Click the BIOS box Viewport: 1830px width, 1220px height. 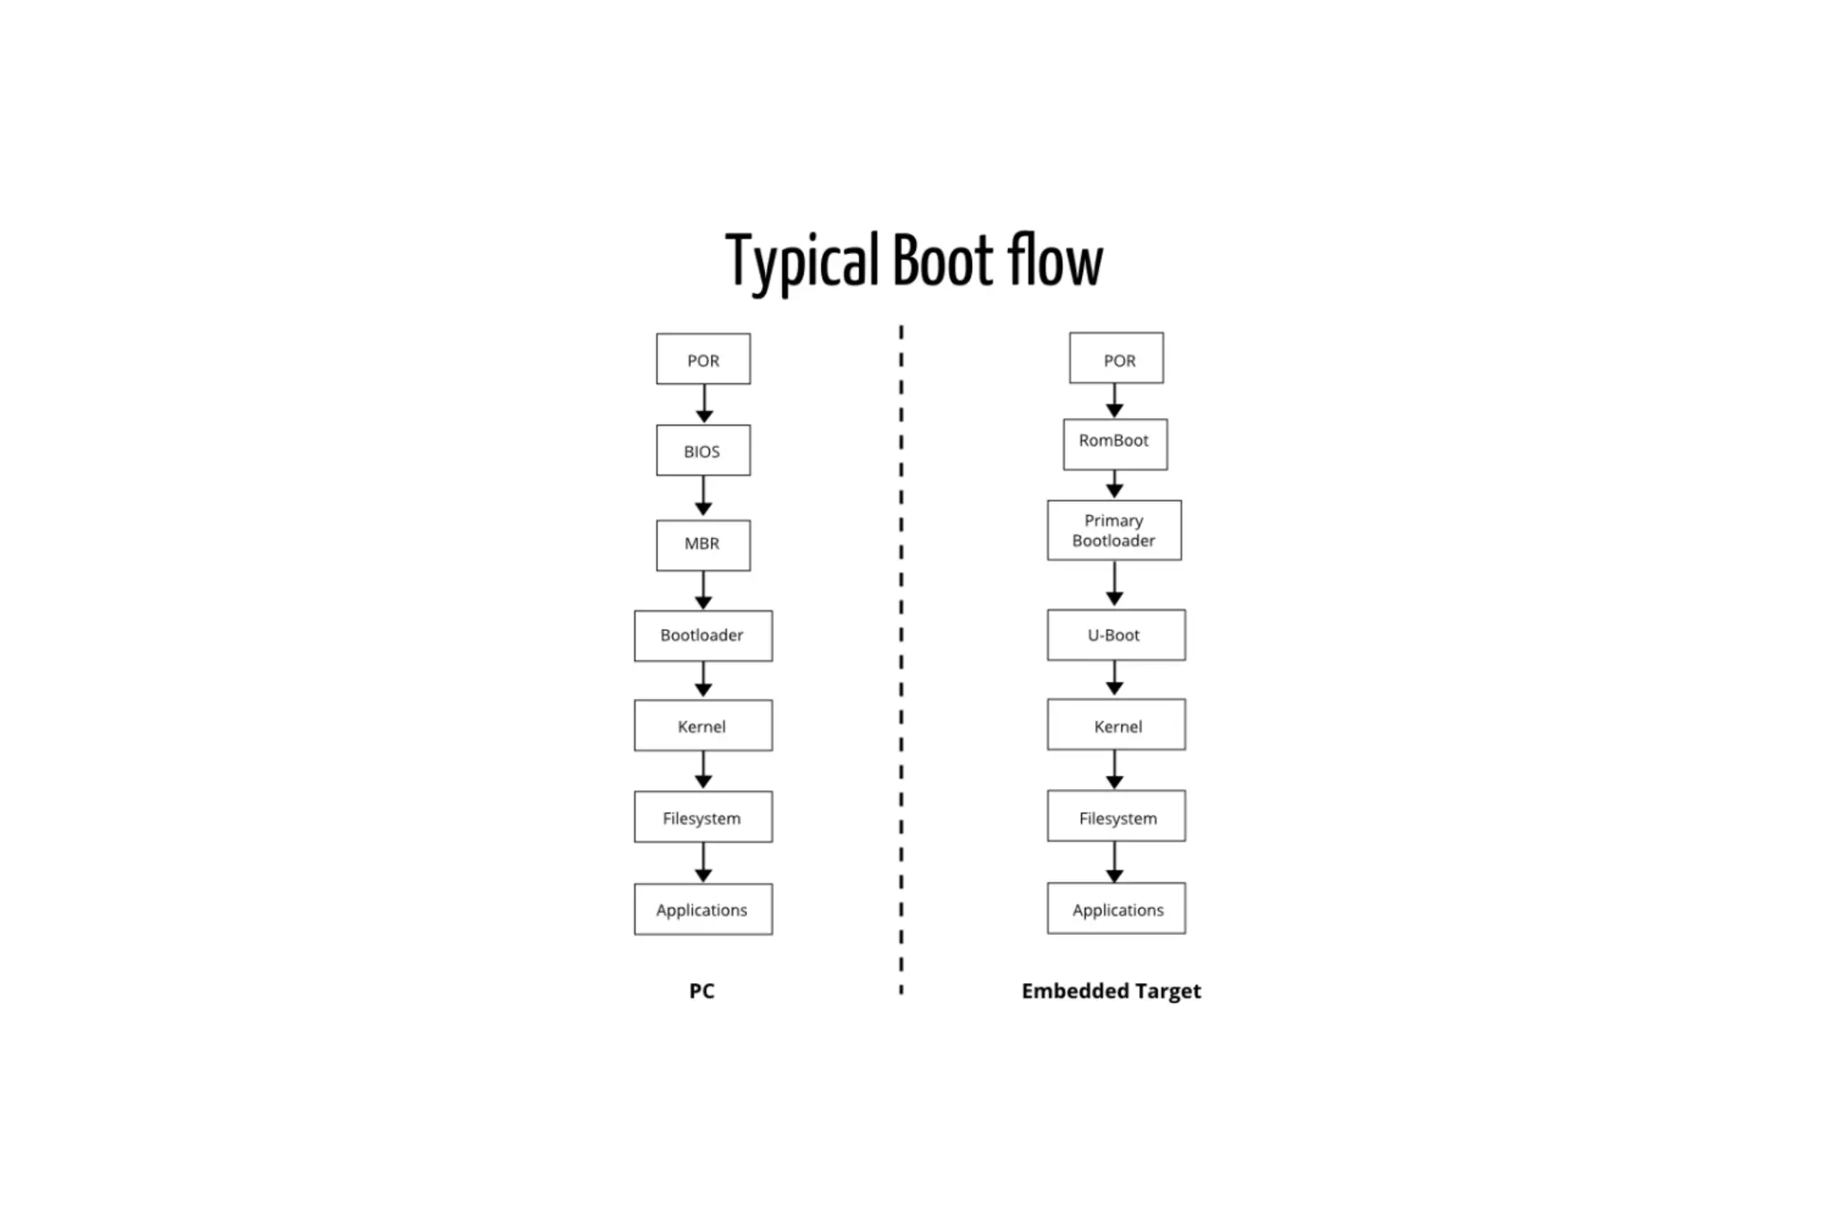[702, 450]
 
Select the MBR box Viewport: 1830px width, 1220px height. [702, 544]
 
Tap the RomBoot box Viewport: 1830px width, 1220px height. [1114, 444]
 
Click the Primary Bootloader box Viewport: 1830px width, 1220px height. [1113, 530]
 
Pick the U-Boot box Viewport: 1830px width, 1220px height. [1115, 635]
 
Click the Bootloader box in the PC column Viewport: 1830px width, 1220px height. [702, 635]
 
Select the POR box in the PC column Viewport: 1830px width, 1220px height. [702, 359]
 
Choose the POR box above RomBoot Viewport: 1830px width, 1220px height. [1116, 358]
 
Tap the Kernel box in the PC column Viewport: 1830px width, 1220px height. [702, 725]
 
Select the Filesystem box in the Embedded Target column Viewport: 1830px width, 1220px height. [1115, 816]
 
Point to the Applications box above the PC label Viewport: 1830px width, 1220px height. [702, 909]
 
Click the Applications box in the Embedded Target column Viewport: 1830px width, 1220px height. [1115, 908]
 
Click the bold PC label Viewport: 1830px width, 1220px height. [701, 990]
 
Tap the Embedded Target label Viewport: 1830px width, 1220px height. [1111, 990]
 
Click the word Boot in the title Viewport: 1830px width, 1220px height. [942, 261]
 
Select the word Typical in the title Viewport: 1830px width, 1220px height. [802, 261]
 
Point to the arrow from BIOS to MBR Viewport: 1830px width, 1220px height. [703, 496]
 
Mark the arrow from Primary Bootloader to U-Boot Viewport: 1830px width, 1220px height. [1114, 584]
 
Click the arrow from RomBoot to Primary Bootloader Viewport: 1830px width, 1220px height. [1114, 484]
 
